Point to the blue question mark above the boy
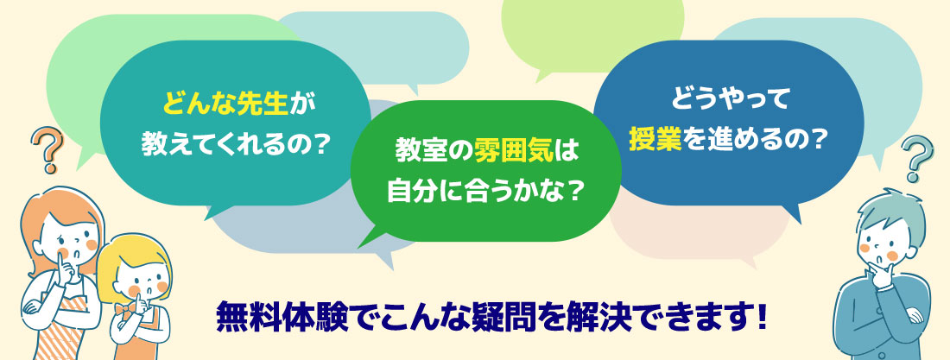click(916, 158)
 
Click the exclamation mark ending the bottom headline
click(761, 317)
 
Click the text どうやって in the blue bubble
click(729, 98)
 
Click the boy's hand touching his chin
click(877, 274)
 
